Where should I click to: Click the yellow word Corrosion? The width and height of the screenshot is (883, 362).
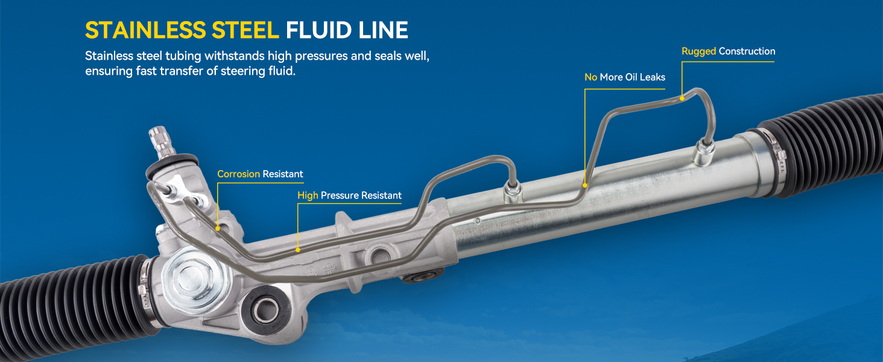(239, 174)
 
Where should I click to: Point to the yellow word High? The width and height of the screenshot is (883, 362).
(308, 195)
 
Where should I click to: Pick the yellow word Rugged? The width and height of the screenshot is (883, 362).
(699, 51)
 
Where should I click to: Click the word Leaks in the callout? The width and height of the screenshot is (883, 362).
(652, 77)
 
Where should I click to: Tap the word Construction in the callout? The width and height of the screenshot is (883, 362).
(747, 51)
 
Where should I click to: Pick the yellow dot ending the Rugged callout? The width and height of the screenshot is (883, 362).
(682, 97)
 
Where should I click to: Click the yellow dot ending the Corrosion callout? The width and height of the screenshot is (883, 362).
(218, 228)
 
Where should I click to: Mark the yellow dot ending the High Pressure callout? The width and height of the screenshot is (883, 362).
(298, 249)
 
